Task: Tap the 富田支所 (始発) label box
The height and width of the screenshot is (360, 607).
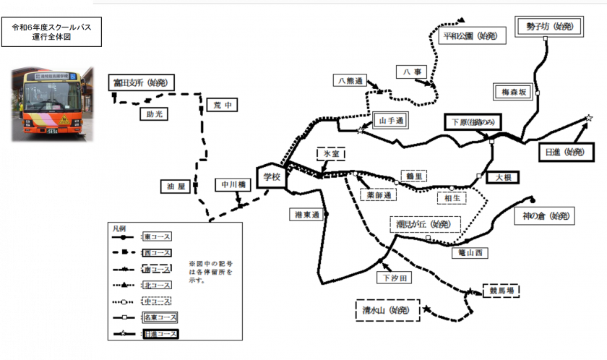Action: [142, 83]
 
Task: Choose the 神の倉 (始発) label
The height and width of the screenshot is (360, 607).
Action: [548, 215]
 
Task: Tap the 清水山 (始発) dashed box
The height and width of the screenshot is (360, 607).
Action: [387, 310]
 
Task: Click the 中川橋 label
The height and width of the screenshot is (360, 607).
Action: [232, 185]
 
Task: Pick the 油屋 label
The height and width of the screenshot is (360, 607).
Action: [176, 187]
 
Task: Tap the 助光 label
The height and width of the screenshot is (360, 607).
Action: [154, 114]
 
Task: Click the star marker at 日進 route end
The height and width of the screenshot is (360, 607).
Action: [589, 118]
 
